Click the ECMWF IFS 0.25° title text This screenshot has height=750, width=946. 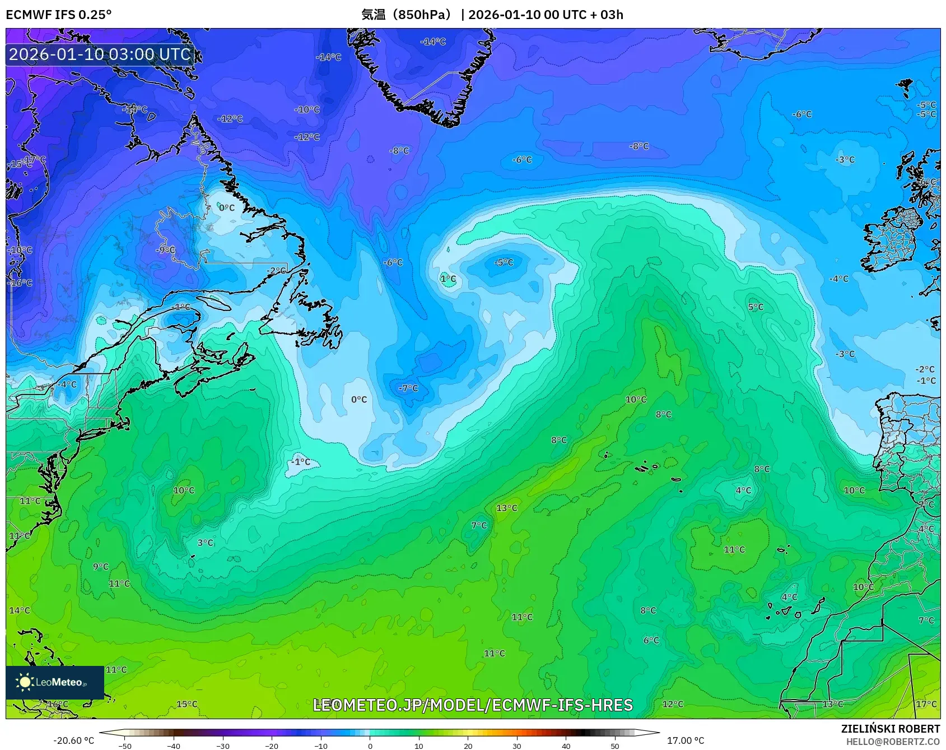click(59, 15)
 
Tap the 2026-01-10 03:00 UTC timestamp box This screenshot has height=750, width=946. click(100, 54)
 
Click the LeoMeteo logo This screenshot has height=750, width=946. click(55, 682)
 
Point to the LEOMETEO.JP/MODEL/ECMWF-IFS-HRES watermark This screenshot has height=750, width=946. click(473, 705)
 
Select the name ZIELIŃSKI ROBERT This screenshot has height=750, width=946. click(890, 729)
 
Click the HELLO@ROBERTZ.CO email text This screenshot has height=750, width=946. click(893, 742)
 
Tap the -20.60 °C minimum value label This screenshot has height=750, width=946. click(73, 740)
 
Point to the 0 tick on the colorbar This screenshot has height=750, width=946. click(370, 746)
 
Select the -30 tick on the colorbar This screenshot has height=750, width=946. click(223, 746)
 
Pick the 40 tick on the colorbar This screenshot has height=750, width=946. click(566, 746)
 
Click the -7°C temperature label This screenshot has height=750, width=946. click(408, 388)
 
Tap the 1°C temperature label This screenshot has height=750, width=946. click(448, 279)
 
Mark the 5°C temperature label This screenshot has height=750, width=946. click(756, 307)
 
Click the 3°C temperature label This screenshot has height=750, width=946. click(206, 543)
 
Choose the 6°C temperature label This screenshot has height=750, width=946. click(651, 640)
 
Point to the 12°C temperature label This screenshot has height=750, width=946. click(673, 704)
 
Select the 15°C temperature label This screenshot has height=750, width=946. click(187, 704)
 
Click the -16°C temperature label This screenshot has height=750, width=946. click(21, 283)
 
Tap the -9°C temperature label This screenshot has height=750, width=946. click(166, 249)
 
